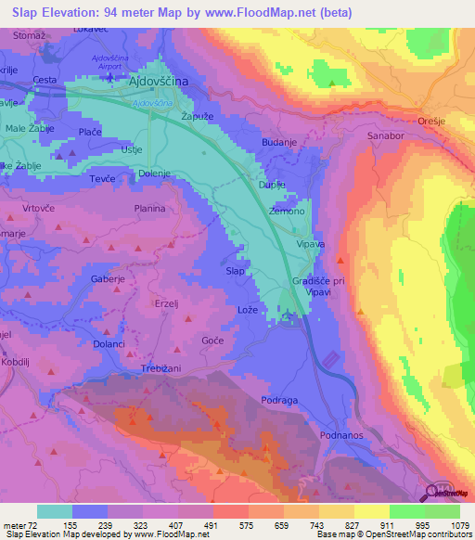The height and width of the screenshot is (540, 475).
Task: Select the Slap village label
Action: tap(237, 271)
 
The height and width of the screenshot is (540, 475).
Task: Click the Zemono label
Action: tap(286, 212)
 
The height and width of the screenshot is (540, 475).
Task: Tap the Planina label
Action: tap(149, 210)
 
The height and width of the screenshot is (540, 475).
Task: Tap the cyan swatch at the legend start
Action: tap(54, 511)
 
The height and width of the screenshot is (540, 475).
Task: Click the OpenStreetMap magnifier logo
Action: tap(433, 491)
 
